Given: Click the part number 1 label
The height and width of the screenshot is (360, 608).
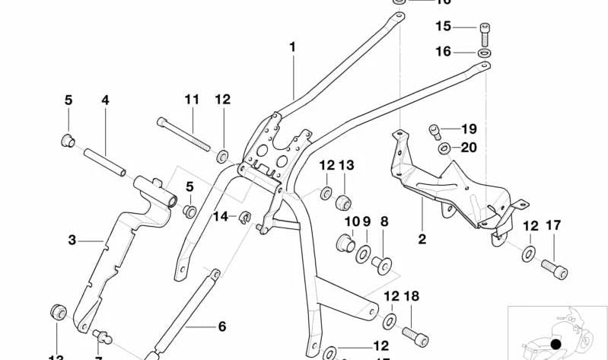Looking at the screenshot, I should tap(292, 47).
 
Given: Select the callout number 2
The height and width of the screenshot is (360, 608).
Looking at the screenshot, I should tap(422, 240).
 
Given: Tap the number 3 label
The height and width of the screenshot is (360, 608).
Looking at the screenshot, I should tap(72, 241).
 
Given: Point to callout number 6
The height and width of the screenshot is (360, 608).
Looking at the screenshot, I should tap(222, 327).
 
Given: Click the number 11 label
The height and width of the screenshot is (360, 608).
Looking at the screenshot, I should tap(191, 99).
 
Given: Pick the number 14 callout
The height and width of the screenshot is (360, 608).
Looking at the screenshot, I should tap(220, 216).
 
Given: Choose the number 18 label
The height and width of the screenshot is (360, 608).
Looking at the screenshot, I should tap(412, 296).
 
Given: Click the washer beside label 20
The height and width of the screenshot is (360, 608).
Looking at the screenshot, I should tap(444, 148).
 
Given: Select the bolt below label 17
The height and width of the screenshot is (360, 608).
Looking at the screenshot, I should tap(554, 268).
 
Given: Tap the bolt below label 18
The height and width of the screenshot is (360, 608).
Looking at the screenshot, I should tap(414, 333).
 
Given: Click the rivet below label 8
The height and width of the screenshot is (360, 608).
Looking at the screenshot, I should tap(381, 264).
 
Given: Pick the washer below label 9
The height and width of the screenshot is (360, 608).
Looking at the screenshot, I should tap(363, 253).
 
